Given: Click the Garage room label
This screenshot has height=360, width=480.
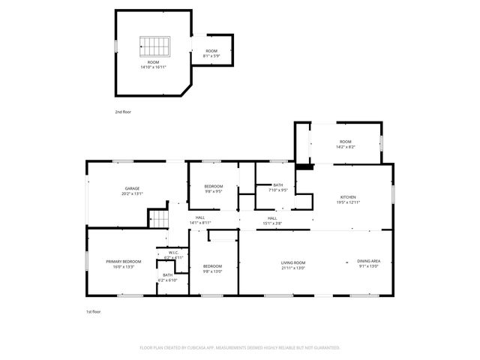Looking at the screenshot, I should (132, 188).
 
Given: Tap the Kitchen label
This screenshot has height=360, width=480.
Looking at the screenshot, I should (347, 197).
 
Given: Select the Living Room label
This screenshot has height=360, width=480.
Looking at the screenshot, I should (293, 262).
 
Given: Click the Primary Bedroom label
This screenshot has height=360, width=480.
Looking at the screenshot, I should (124, 262).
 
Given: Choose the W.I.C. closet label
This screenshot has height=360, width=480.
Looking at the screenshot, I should (172, 253).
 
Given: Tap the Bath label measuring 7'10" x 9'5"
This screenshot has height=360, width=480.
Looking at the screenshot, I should (278, 185).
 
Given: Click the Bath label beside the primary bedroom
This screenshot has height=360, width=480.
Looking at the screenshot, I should (167, 275).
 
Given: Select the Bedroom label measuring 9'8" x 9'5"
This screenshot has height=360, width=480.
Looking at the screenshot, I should (214, 187).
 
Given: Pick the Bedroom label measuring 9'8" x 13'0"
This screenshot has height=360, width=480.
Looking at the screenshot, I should (212, 266).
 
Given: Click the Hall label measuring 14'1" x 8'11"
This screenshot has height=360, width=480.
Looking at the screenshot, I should (200, 217).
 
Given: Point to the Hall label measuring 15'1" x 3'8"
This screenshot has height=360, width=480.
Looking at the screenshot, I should (272, 217).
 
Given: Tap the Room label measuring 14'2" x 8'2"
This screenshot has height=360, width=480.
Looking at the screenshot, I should (346, 142).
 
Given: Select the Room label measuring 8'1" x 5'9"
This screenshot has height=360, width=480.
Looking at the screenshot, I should (211, 51).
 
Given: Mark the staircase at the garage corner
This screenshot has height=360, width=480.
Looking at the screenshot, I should (160, 219).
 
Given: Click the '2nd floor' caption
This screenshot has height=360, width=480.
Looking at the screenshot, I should (123, 111).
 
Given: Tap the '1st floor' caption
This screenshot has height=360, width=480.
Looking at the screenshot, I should (93, 310).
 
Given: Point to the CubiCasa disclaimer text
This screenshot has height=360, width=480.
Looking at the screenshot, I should (240, 348).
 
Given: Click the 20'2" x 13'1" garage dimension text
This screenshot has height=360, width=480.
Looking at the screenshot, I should (132, 193).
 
